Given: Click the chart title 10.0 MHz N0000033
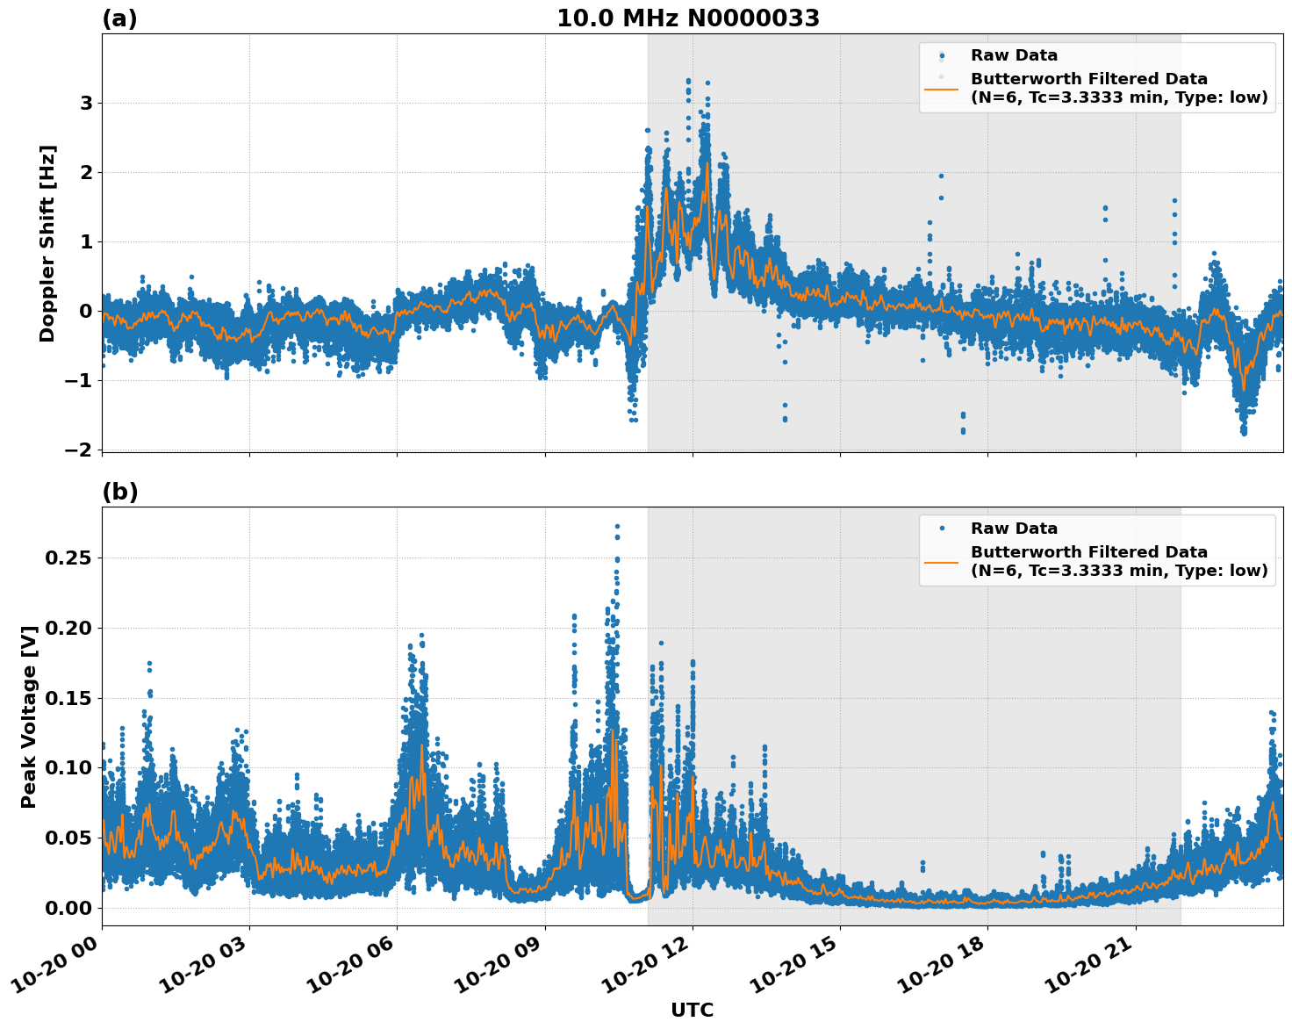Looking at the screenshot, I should click(688, 18).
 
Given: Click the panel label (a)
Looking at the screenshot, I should click(119, 18).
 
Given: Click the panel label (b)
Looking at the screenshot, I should click(119, 492).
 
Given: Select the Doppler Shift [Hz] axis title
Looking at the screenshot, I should click(47, 243).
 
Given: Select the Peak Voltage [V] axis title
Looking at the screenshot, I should click(29, 716).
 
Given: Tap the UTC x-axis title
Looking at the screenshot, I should click(692, 1010).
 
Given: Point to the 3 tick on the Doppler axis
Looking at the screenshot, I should click(86, 104).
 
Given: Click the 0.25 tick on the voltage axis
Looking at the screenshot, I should click(72, 558).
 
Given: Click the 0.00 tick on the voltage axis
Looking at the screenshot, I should click(72, 908).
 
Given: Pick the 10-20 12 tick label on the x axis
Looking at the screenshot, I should click(654, 972).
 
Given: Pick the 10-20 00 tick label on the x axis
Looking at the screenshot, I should click(63, 972).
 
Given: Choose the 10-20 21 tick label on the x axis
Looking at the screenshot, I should click(1097, 972).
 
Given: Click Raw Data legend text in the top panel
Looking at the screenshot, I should click(1014, 56).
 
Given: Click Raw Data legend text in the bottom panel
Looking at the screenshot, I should click(1014, 529).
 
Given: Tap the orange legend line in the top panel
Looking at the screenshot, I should click(941, 88).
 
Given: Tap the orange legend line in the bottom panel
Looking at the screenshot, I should click(941, 561).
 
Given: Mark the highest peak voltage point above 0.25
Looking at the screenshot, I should click(617, 526).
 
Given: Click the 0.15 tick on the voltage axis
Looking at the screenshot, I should click(72, 698).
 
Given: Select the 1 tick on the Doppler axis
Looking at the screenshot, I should click(86, 241).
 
